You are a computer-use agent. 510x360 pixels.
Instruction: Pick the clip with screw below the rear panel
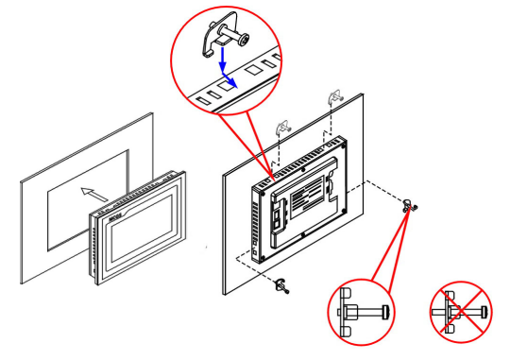281,286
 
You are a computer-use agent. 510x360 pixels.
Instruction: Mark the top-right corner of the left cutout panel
154,113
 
